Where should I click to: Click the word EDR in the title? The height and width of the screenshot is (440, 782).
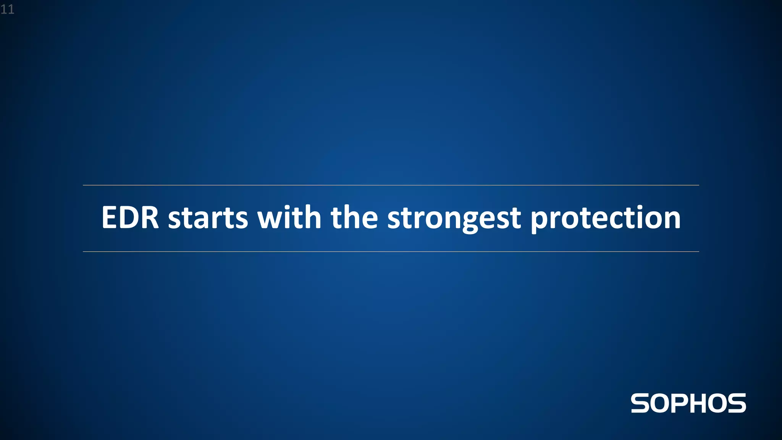tap(130, 218)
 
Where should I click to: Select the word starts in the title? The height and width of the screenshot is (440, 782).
tap(208, 218)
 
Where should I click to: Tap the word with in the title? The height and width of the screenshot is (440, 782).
tap(289, 218)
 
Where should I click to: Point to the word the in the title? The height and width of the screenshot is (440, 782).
tap(354, 218)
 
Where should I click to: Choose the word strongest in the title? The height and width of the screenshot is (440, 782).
tap(454, 218)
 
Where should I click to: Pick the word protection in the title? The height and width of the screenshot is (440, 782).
tap(606, 218)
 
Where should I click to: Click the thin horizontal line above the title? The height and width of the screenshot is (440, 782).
tap(391, 185)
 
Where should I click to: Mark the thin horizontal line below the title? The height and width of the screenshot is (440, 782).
tap(391, 252)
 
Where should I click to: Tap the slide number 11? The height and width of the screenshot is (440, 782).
tap(7, 9)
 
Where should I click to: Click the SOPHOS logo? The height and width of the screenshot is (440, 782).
tap(688, 403)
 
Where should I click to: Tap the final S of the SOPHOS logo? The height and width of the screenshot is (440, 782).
tap(736, 403)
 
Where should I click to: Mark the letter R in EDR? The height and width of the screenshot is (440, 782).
tap(150, 218)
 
